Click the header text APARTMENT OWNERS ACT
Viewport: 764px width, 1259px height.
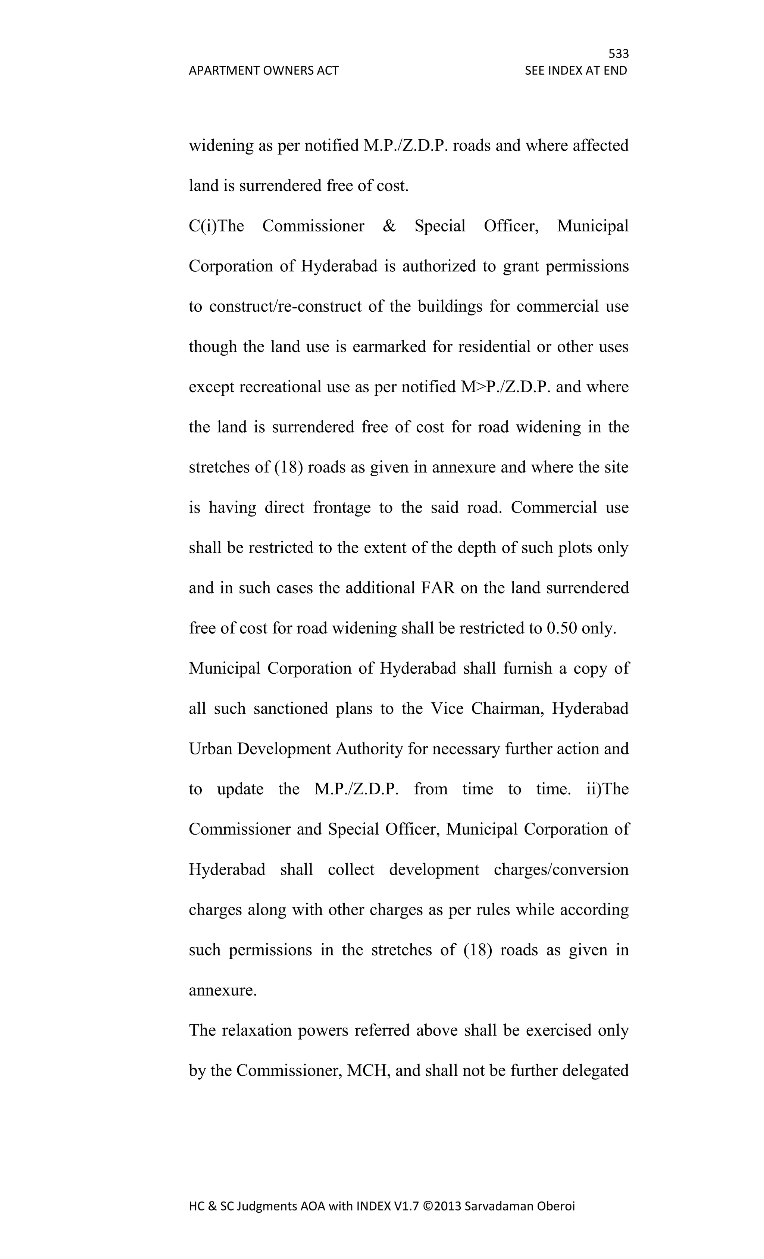point(263,71)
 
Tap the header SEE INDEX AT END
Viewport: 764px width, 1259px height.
point(576,71)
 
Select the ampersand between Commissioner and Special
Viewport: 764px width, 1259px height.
point(389,226)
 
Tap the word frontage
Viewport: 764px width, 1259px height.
point(342,507)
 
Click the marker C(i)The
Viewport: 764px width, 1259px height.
point(216,226)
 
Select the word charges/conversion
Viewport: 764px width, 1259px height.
point(561,869)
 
